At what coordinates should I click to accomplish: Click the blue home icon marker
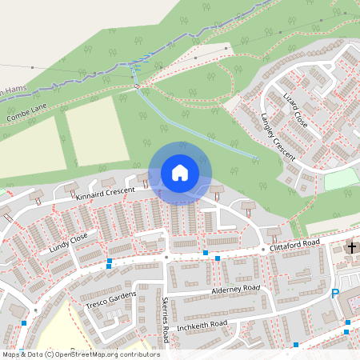tap(180, 172)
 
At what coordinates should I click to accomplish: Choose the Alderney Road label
tap(236, 288)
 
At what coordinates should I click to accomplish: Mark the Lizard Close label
tap(295, 109)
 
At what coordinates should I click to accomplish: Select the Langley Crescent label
tap(278, 136)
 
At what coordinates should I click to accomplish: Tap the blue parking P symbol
tap(335, 294)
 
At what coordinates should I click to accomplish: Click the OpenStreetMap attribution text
tap(80, 354)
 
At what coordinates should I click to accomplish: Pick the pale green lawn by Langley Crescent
tap(341, 179)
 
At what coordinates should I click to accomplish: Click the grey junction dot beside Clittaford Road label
tap(262, 250)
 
